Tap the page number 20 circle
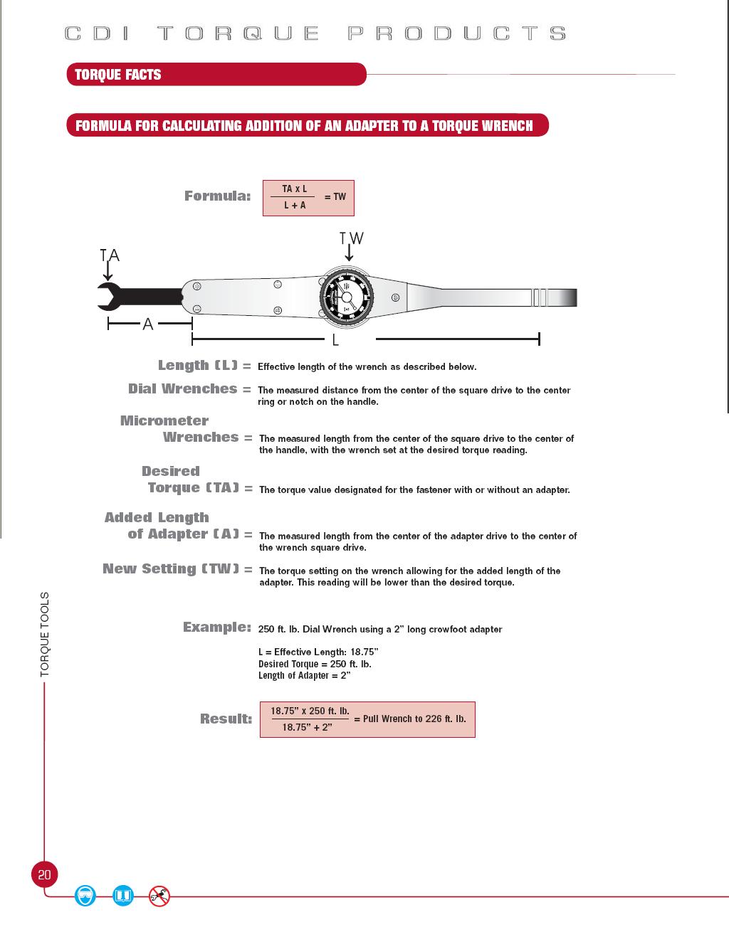click(x=44, y=874)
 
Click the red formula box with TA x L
click(x=308, y=198)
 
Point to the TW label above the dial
click(x=351, y=238)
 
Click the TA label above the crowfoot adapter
click(x=110, y=255)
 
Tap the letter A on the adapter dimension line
click(x=147, y=324)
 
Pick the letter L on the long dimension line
click(x=335, y=340)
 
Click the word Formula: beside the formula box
click(x=217, y=196)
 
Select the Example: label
click(x=216, y=627)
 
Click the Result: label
click(x=226, y=719)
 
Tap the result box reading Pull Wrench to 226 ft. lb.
click(x=367, y=719)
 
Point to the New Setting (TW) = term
click(x=177, y=569)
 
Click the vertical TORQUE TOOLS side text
click(x=45, y=634)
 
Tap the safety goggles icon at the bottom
click(x=85, y=895)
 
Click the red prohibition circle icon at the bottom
click(x=159, y=896)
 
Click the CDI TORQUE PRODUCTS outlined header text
click(x=315, y=33)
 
